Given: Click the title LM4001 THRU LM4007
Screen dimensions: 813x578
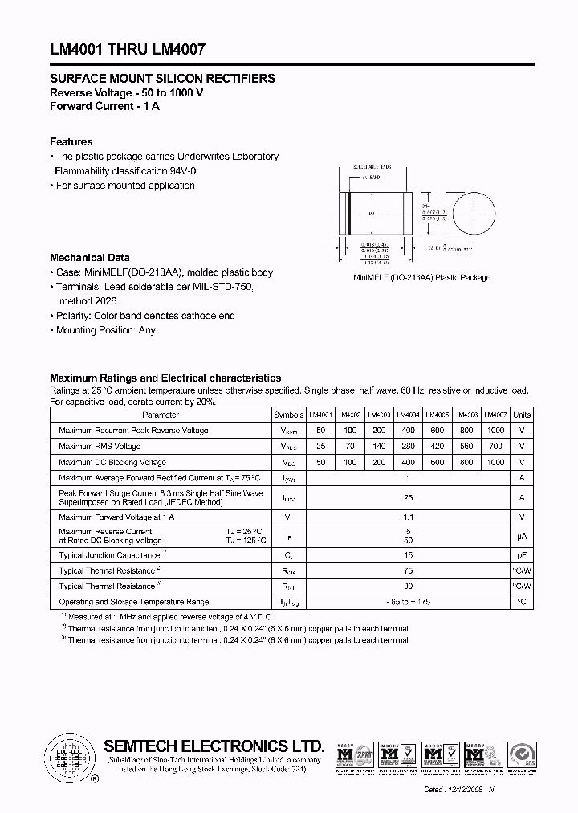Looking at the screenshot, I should click(x=128, y=49).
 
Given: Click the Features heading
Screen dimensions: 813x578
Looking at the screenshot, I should click(x=71, y=141).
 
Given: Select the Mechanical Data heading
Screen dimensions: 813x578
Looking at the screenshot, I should click(x=89, y=258).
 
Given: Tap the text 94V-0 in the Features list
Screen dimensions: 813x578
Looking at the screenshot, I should click(x=186, y=171).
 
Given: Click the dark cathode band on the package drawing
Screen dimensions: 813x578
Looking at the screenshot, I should click(x=348, y=214).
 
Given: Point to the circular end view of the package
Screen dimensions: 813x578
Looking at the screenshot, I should click(x=471, y=215).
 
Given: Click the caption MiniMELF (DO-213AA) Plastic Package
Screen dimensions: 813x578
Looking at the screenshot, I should click(x=422, y=278).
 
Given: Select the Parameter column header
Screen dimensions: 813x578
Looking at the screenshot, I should click(x=161, y=415).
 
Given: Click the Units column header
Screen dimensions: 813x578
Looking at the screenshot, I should click(x=522, y=415).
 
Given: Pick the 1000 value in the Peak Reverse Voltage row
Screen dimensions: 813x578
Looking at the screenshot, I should click(x=495, y=431).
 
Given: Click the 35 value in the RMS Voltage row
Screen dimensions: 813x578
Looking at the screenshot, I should click(x=320, y=446).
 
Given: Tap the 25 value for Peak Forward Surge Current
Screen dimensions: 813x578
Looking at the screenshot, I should click(x=408, y=497).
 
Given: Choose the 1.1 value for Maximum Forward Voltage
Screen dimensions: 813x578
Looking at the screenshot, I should click(x=408, y=517).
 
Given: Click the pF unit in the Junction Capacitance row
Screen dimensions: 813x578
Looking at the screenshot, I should click(x=522, y=555).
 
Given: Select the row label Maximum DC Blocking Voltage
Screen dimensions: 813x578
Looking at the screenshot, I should click(x=112, y=462).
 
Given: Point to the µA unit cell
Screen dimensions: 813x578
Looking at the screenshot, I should click(x=522, y=536).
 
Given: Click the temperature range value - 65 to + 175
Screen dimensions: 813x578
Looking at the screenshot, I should click(x=408, y=602).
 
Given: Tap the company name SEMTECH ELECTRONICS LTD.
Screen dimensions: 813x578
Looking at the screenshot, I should click(x=214, y=745).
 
